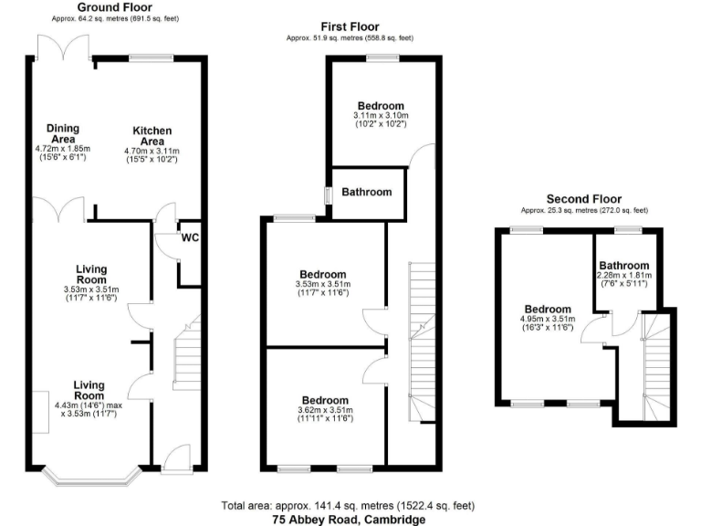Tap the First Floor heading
pyautogui.click(x=350, y=26)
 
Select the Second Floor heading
pyautogui.click(x=583, y=198)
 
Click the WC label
pyautogui.click(x=191, y=238)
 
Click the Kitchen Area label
pyautogui.click(x=152, y=136)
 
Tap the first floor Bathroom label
pyautogui.click(x=367, y=192)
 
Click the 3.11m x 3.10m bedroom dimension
pyautogui.click(x=382, y=116)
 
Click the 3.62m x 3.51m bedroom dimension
pyautogui.click(x=325, y=412)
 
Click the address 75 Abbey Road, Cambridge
pyautogui.click(x=350, y=519)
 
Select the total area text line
pyautogui.click(x=350, y=505)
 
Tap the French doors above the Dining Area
pyautogui.click(x=62, y=46)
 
